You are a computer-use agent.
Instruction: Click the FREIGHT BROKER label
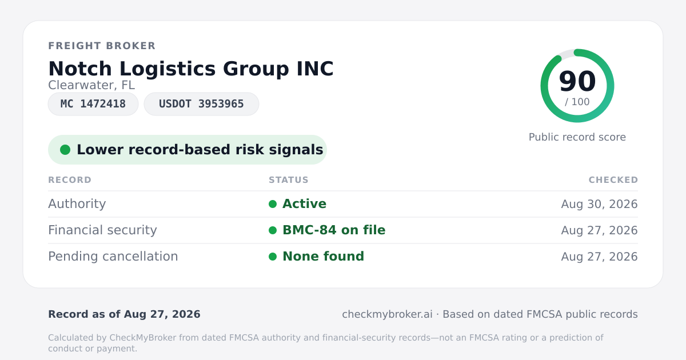coord(102,46)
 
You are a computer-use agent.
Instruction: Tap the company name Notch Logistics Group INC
coord(191,69)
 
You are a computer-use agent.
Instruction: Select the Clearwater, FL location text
coord(91,85)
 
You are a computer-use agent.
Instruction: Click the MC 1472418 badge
coord(93,104)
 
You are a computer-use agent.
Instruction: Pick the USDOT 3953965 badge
coord(201,104)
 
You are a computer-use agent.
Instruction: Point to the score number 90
coord(577,81)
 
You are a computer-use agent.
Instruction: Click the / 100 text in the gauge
coord(577,102)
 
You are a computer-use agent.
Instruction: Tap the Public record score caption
coord(577,137)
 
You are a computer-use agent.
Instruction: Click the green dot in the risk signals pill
coord(65,150)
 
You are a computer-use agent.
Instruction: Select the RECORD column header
coord(70,180)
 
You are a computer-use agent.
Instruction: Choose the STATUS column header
coord(289,180)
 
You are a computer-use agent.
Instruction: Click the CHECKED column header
coord(613,180)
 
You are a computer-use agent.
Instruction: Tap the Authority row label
coord(77,204)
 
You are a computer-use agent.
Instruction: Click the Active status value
coord(304,204)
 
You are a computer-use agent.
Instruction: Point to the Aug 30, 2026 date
coord(599,204)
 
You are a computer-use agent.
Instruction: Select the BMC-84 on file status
coord(334,230)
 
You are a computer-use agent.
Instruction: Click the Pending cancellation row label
coord(113,257)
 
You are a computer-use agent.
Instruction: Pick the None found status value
coord(323,257)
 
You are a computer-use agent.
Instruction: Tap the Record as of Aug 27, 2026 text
coord(125,314)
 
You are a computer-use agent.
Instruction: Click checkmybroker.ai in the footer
coord(387,314)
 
